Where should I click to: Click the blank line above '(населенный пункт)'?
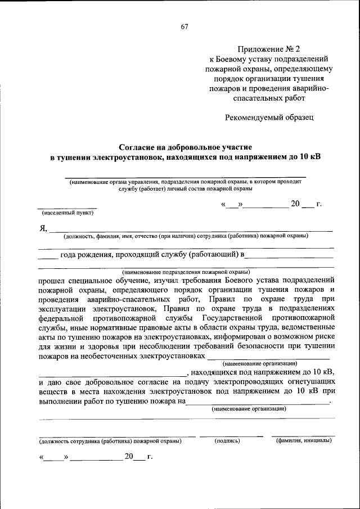click(x=67, y=208)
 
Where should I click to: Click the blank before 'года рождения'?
click(x=48, y=258)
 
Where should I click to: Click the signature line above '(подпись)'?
click(x=231, y=435)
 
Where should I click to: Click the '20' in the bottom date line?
click(x=129, y=457)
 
